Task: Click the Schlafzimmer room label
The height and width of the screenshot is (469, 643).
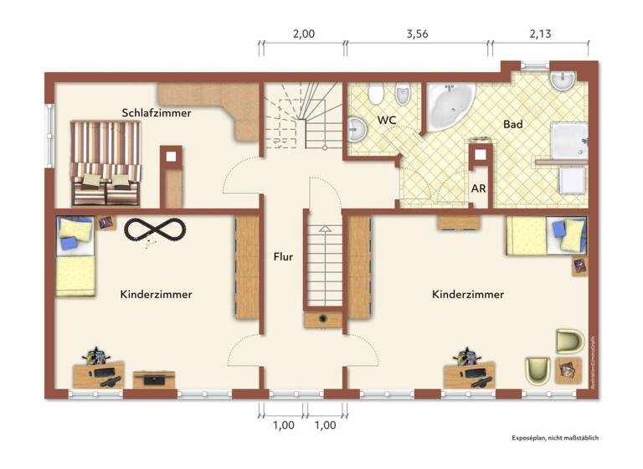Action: (x=156, y=112)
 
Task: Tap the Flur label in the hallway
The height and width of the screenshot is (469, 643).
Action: (x=283, y=257)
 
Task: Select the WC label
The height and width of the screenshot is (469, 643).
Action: (x=386, y=121)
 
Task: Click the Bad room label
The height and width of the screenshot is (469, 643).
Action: (x=513, y=124)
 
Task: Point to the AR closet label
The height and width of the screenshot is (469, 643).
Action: (x=478, y=188)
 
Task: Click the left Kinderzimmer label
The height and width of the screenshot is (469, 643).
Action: (x=156, y=295)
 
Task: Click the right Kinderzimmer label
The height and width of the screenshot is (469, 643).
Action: (x=468, y=295)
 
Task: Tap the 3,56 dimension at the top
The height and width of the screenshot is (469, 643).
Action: (x=417, y=34)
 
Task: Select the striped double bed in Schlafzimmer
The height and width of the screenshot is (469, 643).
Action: (x=105, y=162)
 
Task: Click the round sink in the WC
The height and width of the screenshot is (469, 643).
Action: (x=357, y=129)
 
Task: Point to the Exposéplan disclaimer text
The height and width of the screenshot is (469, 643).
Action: (x=554, y=437)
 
